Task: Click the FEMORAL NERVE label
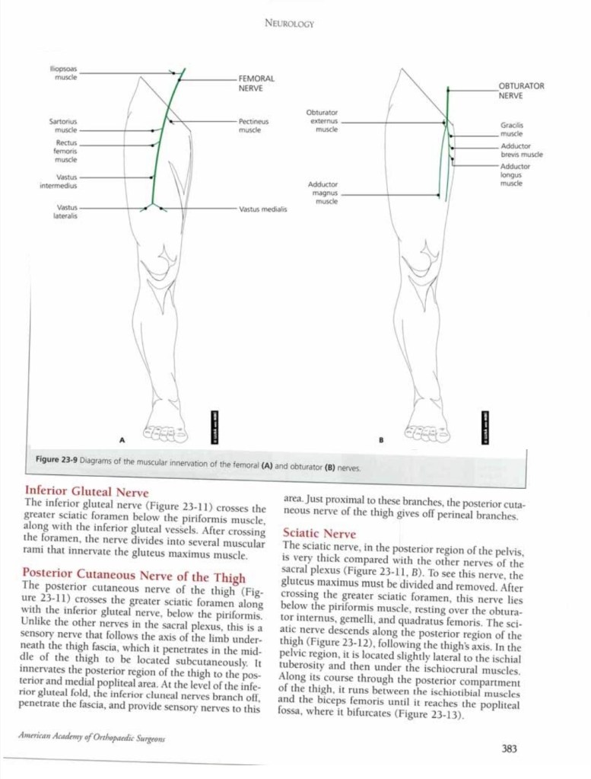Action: coord(256,83)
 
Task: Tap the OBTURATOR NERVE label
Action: coord(521,91)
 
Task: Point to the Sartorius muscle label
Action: coord(62,126)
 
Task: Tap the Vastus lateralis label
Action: coord(66,211)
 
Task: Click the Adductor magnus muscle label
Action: coord(323,193)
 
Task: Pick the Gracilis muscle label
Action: coord(511,129)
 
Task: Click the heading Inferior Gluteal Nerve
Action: coord(87,492)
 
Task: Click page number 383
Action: coord(509,749)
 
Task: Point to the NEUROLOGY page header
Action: coord(289,24)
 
